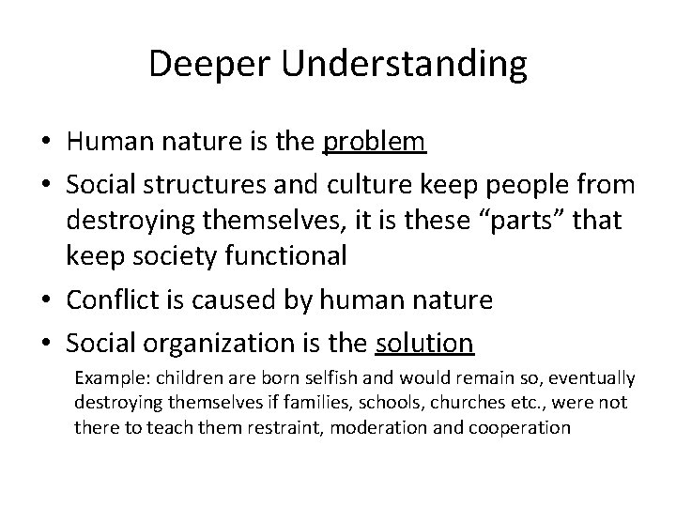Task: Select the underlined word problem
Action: pos(375,142)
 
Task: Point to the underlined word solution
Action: pos(424,345)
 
